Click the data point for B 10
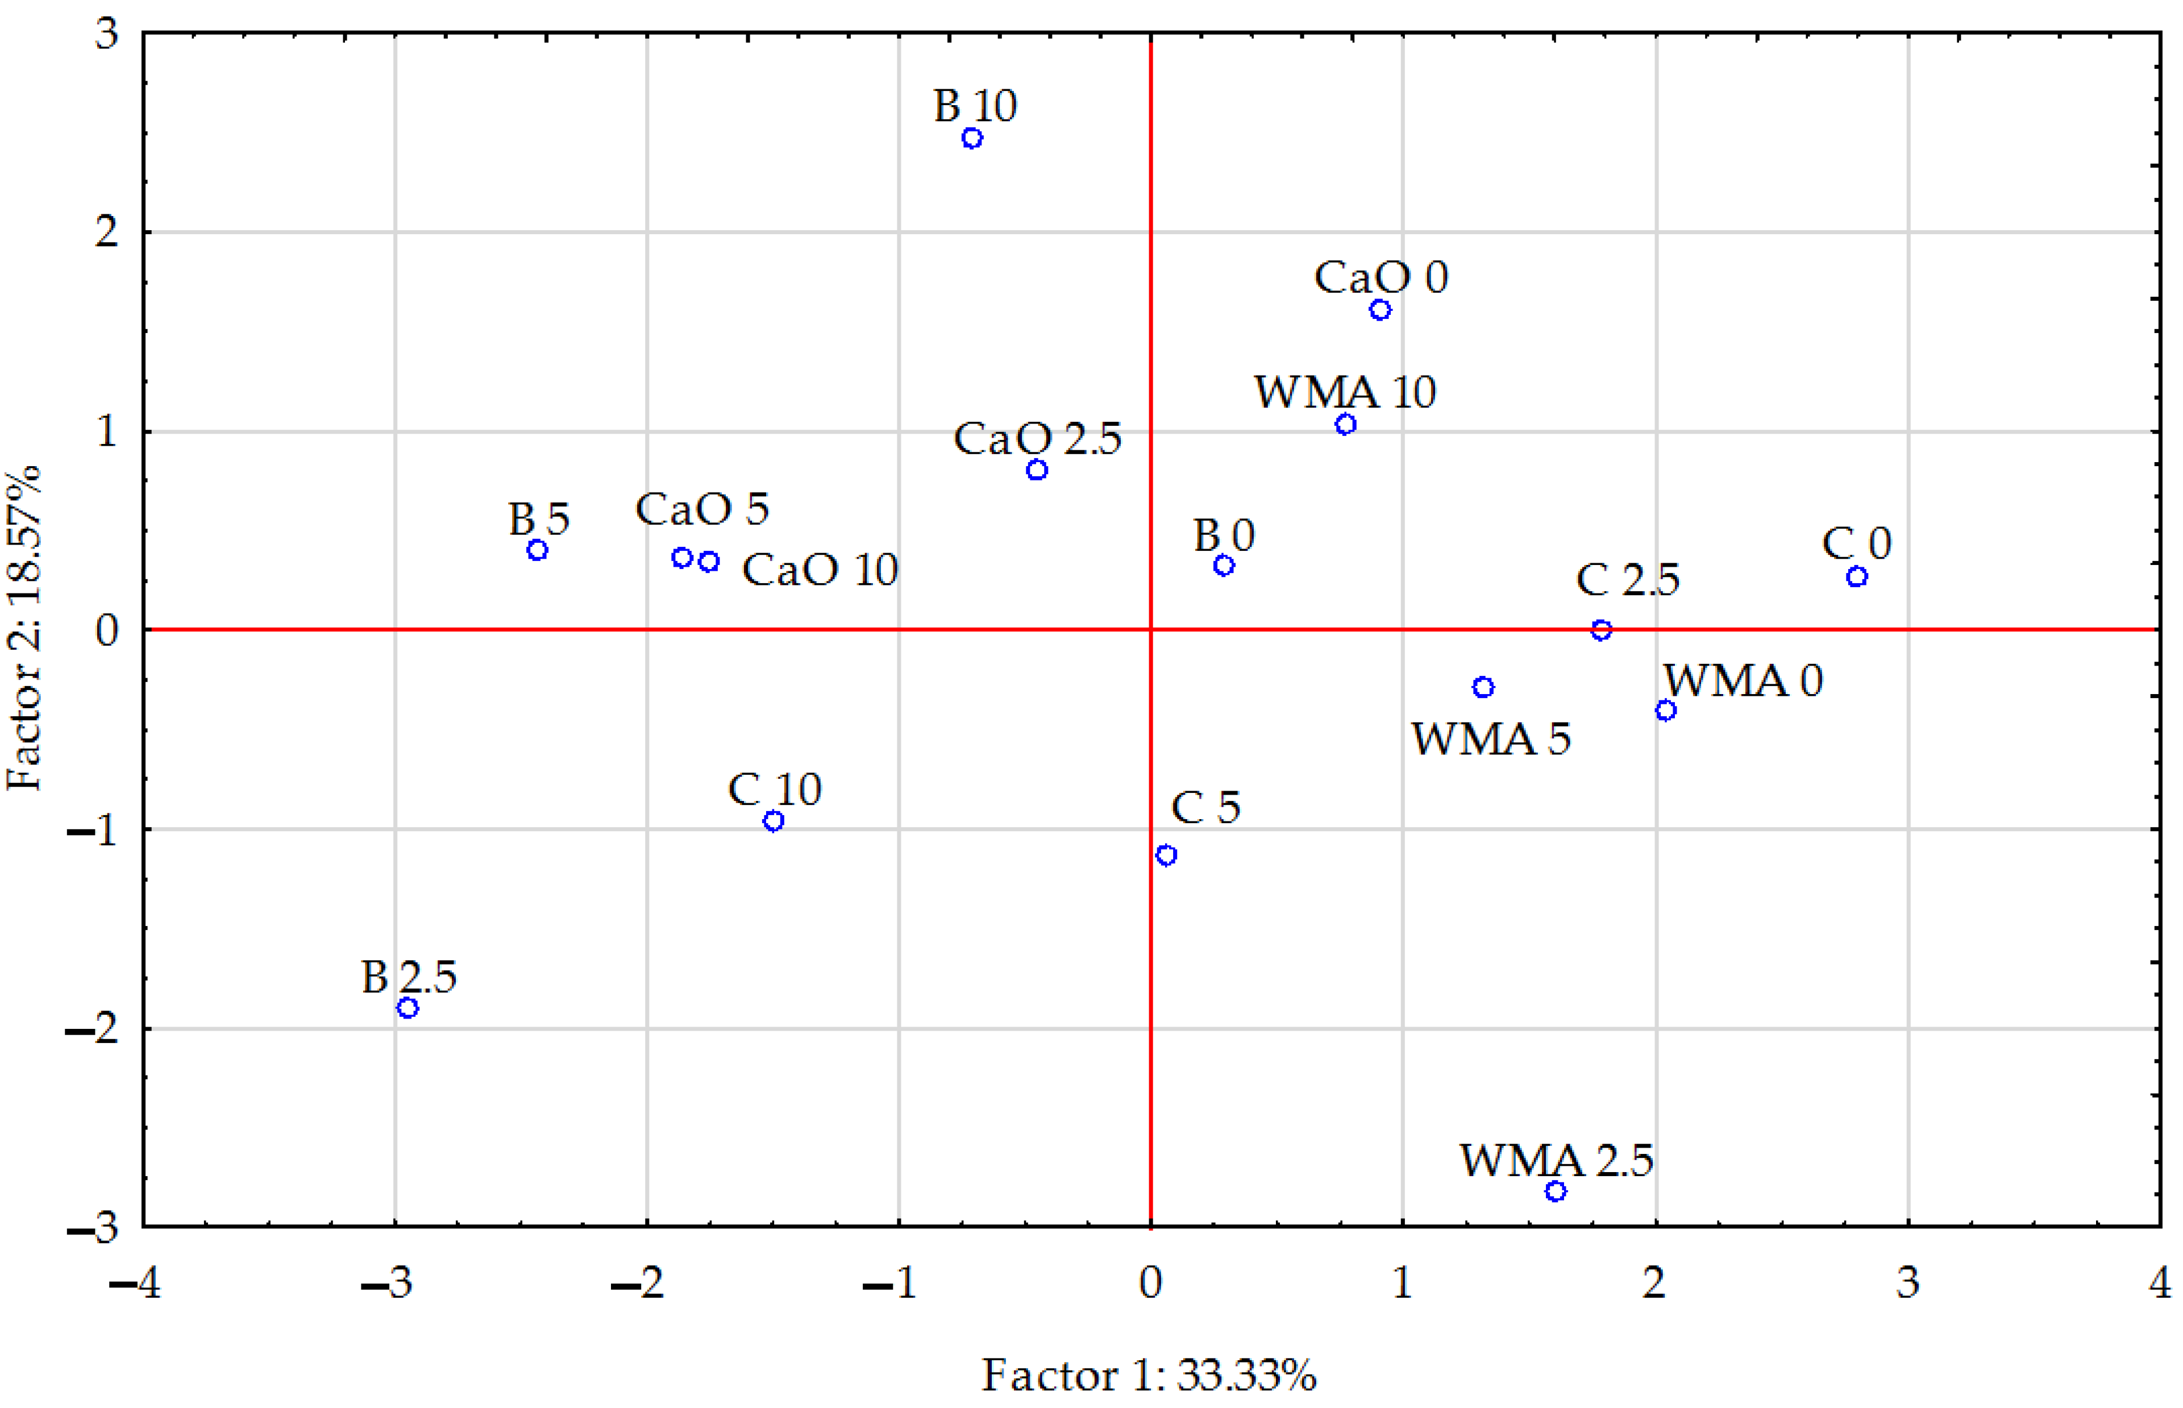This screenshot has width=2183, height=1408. click(972, 139)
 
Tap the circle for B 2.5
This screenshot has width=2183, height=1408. click(408, 1008)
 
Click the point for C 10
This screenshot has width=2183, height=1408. click(774, 821)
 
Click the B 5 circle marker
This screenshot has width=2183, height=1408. click(538, 550)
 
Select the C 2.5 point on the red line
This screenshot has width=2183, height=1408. click(1600, 630)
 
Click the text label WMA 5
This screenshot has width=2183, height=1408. click(1490, 739)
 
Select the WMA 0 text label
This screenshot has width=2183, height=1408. click(1743, 680)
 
